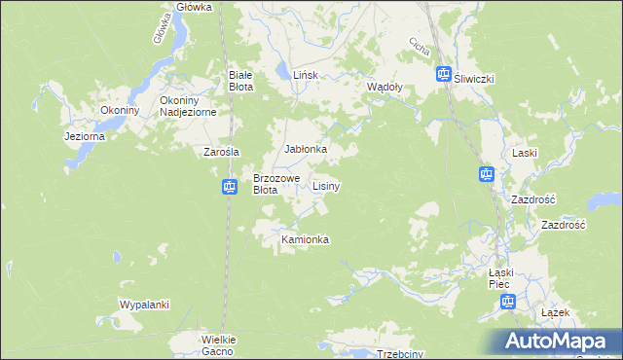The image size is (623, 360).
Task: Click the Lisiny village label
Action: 326,185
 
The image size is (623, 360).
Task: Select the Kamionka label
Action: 305,239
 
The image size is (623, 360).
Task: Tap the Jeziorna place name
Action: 84,136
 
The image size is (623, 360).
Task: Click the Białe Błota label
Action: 240,80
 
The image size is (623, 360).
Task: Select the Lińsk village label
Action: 308,74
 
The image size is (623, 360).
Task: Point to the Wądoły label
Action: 385,87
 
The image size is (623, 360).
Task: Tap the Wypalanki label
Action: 144,305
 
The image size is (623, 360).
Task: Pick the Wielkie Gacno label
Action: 219,344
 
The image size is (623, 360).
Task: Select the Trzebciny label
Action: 399,354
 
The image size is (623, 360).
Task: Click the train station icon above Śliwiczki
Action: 443,73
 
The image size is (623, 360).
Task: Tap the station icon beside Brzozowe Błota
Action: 229,187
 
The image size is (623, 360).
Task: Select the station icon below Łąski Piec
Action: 507,303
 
